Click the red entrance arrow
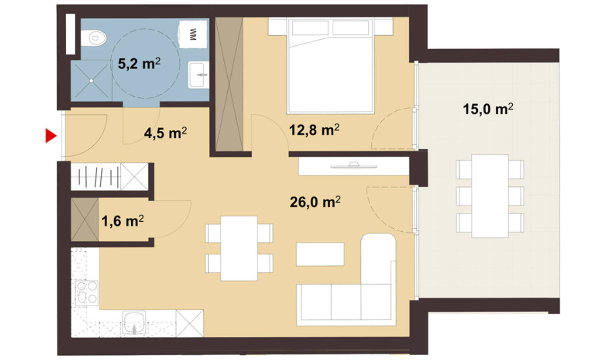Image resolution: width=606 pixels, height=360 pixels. click(51, 135)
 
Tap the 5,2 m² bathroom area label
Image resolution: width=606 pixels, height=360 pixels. click(139, 64)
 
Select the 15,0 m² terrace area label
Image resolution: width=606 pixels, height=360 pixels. click(488, 109)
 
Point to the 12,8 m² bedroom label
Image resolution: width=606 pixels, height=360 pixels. click(314, 130)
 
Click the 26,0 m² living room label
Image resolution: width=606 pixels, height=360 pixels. click(315, 202)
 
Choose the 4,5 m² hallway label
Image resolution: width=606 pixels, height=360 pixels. click(165, 133)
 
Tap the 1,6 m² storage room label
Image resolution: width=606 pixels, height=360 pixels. click(123, 221)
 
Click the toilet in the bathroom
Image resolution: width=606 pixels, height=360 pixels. click(93, 38)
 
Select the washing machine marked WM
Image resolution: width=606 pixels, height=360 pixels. click(193, 35)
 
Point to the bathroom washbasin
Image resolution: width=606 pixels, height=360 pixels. click(198, 75)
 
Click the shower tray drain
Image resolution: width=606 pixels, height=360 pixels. click(91, 81)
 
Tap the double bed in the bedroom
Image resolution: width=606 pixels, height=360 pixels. click(330, 65)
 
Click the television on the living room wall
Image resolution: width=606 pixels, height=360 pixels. click(354, 165)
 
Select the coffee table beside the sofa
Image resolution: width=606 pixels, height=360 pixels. click(320, 254)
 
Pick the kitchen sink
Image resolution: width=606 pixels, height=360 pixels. click(134, 323)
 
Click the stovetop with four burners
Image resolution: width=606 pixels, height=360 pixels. click(87, 293)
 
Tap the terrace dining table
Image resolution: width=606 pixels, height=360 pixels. click(490, 196)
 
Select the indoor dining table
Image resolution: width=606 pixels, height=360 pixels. click(239, 248)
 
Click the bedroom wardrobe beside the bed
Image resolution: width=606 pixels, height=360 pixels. click(229, 84)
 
